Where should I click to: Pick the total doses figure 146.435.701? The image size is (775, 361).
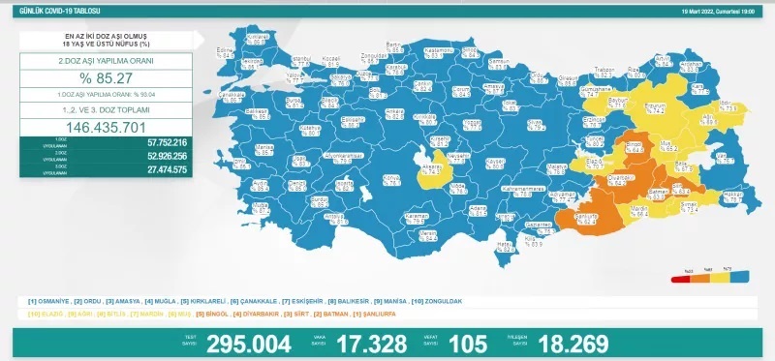107,128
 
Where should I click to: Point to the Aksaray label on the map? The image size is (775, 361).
432,165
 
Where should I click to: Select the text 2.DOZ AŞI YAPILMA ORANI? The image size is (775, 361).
107,61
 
